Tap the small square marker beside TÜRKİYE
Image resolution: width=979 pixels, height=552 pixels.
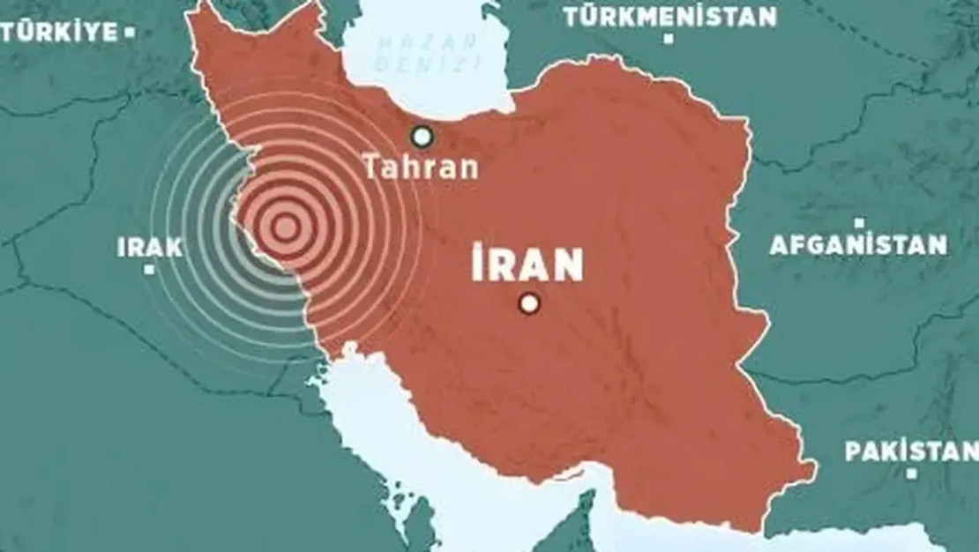[x=130, y=34]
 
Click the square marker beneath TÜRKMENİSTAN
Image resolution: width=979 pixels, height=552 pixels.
[x=669, y=39]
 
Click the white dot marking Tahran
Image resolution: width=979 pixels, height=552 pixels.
[x=422, y=136]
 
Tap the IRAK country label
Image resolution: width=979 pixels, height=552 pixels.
[x=149, y=248]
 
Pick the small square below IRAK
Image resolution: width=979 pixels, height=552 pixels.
[x=151, y=270]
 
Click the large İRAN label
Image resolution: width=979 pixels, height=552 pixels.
[x=527, y=265]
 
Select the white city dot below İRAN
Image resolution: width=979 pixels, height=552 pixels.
[x=528, y=304]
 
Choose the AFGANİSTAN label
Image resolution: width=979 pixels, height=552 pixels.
[x=858, y=244]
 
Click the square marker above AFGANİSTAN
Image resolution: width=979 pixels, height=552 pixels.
[x=859, y=224]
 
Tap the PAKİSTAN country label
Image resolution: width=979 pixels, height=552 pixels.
[x=910, y=452]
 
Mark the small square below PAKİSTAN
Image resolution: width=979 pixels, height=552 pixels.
[x=911, y=474]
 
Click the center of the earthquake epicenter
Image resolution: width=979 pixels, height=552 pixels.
[x=284, y=228]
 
